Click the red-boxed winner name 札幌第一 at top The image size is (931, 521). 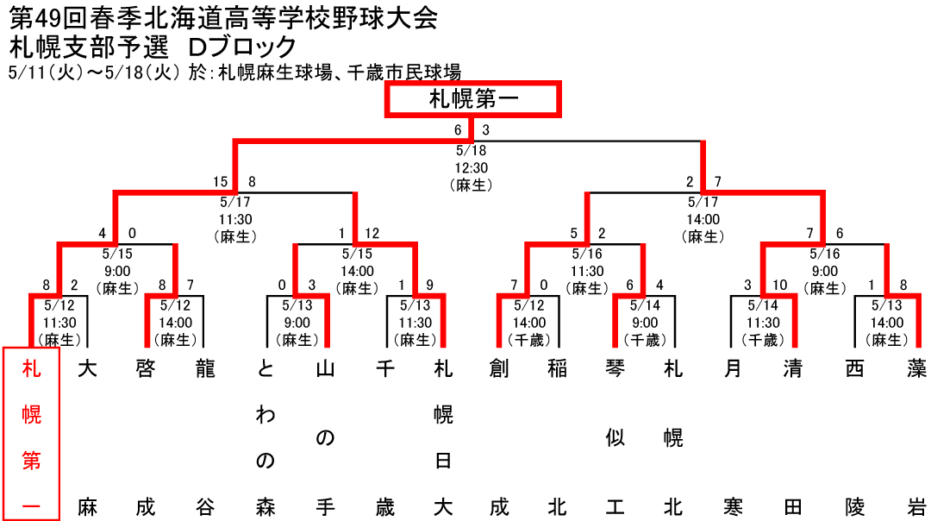click(473, 99)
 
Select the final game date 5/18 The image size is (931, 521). click(472, 150)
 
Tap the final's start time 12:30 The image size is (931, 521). click(472, 167)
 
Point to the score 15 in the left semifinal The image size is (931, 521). click(221, 182)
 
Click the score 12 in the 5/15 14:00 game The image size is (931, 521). click(372, 234)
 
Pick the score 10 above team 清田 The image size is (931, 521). click(779, 286)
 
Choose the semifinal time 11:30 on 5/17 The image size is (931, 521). click(235, 219)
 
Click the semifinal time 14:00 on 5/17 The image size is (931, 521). click(703, 219)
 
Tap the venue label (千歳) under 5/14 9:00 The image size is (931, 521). click(645, 340)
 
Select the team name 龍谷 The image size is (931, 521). click(205, 438)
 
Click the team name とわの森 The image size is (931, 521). click(266, 438)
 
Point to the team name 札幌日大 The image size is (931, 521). click(444, 438)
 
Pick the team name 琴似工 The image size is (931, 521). click(615, 438)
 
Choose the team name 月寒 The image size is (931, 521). click(734, 438)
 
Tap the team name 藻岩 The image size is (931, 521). click(916, 438)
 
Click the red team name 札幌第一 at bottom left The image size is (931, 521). click(32, 438)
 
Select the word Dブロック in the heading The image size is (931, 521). click(242, 47)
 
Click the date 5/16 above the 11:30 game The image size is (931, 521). click(587, 254)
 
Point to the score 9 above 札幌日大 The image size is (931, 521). click(430, 286)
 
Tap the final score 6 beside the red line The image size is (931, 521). click(458, 130)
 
